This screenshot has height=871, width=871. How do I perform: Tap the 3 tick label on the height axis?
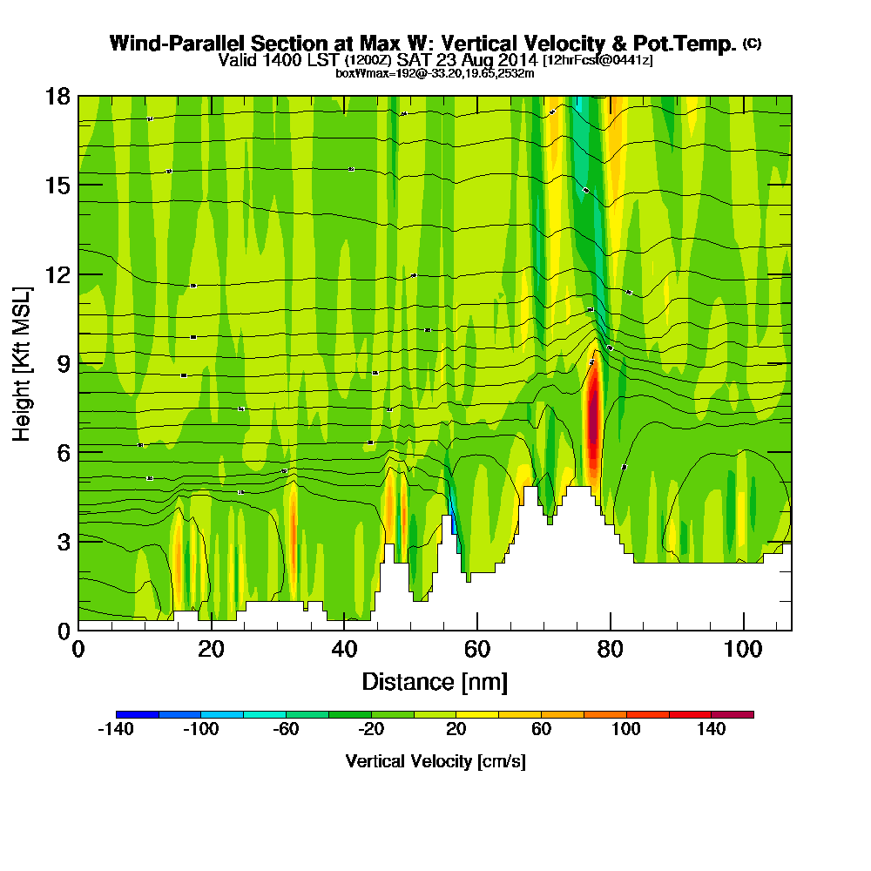click(64, 541)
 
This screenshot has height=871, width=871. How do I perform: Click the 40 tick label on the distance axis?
click(345, 650)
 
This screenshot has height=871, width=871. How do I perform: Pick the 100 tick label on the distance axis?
click(744, 650)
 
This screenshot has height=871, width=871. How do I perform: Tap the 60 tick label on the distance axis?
click(477, 650)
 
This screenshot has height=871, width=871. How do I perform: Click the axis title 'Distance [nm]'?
click(435, 681)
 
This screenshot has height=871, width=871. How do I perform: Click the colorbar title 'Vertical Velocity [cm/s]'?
click(435, 761)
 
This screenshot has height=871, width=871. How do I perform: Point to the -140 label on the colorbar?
click(117, 730)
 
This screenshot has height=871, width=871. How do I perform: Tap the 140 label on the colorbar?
click(712, 730)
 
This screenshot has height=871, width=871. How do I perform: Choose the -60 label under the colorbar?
click(287, 730)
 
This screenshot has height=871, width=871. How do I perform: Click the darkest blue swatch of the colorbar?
click(137, 714)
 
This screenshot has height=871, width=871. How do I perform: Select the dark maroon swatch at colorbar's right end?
click(733, 714)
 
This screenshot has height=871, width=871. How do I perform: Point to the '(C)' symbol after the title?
click(752, 43)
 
